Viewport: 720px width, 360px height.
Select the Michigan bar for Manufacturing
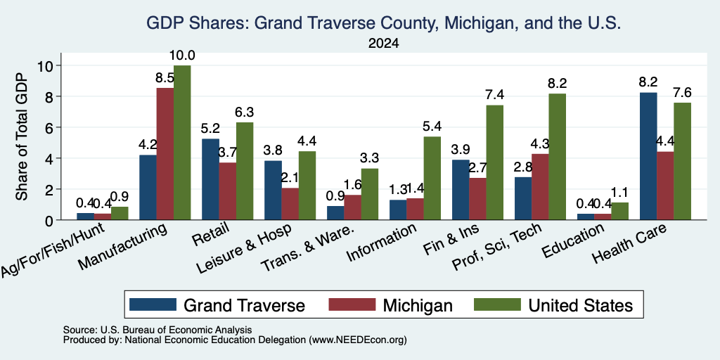165,154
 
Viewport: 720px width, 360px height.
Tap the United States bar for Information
432,178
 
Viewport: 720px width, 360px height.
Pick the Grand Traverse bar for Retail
210,179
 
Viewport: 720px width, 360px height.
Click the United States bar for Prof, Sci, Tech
558,157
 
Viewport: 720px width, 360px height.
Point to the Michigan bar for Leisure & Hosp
290,204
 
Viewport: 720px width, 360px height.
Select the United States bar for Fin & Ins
494,162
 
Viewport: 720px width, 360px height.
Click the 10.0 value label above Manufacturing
182,56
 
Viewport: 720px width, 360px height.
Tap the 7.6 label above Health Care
682,92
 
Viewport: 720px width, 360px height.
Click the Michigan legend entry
391,305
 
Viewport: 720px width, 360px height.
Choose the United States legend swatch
497,304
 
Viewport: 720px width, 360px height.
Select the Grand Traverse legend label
244,305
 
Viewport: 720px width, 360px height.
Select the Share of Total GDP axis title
22,136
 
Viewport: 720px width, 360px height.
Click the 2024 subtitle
383,44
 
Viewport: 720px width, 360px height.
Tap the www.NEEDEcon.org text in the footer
358,340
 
